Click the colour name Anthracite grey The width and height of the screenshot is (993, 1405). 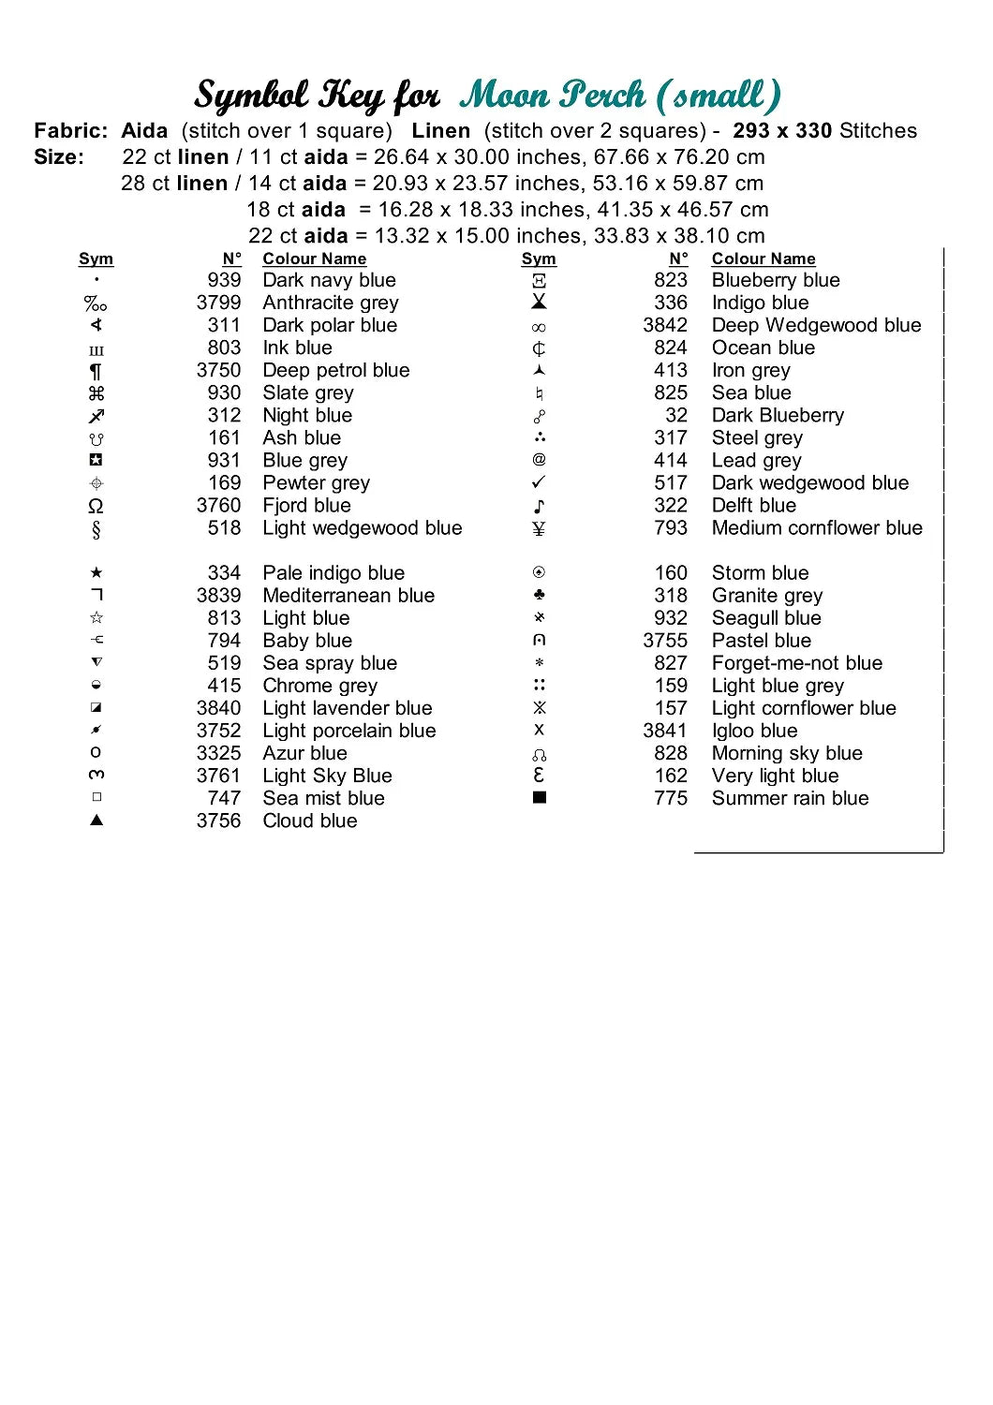click(331, 303)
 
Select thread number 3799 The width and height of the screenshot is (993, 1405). click(218, 303)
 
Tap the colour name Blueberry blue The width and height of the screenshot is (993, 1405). click(776, 280)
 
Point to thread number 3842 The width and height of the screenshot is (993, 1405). click(665, 325)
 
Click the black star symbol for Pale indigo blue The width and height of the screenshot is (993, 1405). click(96, 572)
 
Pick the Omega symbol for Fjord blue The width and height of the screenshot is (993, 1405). click(96, 506)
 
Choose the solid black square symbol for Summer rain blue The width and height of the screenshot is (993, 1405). click(540, 798)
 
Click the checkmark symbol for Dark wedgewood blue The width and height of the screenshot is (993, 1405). click(539, 482)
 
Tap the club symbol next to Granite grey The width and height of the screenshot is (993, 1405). click(539, 595)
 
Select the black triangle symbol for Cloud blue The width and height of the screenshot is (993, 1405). click(96, 821)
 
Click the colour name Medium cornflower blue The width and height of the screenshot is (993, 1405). click(817, 527)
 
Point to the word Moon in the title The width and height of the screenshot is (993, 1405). click(504, 95)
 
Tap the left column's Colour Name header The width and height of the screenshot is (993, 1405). click(314, 259)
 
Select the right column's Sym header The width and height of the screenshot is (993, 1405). click(539, 259)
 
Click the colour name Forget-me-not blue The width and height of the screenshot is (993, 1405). click(797, 663)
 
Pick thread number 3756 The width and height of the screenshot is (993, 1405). click(218, 821)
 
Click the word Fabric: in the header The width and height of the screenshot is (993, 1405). click(71, 131)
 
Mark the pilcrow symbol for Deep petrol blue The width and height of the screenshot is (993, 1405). click(96, 371)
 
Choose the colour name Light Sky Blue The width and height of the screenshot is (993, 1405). click(327, 776)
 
